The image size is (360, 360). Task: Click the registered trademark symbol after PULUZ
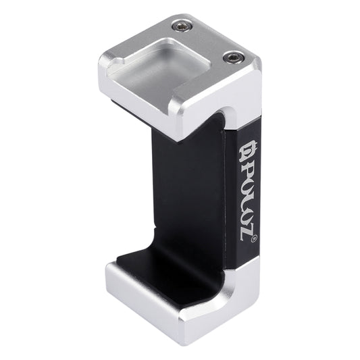(x=252, y=239)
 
